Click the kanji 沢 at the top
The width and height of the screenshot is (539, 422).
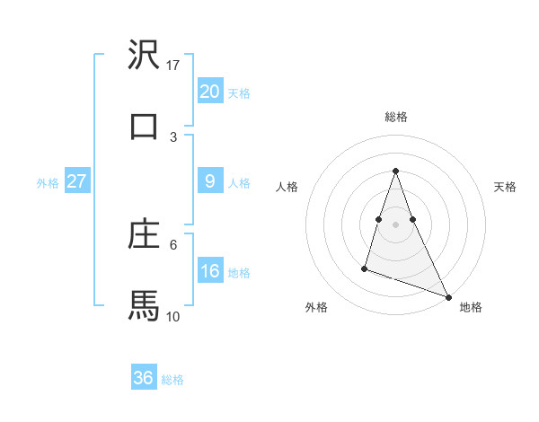click(144, 56)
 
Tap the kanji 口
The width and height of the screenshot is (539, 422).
click(144, 126)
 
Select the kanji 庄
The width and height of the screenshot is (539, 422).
click(144, 235)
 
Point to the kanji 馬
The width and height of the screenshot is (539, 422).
click(144, 305)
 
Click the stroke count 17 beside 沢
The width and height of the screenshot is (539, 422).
click(173, 65)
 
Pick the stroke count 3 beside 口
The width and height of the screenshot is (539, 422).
click(173, 136)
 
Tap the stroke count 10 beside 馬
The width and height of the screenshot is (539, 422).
click(173, 316)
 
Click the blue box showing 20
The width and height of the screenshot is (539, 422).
click(209, 91)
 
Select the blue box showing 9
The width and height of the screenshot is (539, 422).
click(209, 181)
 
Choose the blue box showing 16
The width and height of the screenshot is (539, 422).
click(209, 271)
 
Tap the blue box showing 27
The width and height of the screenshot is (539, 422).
click(76, 181)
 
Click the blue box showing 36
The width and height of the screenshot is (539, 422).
click(144, 378)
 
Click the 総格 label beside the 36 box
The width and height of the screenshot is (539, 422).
click(173, 380)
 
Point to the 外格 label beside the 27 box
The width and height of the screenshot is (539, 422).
click(48, 183)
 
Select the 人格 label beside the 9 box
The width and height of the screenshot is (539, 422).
click(239, 183)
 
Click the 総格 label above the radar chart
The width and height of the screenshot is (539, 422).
click(396, 117)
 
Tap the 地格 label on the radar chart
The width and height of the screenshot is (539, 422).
click(471, 307)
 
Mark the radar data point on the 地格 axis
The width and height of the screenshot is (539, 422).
click(447, 296)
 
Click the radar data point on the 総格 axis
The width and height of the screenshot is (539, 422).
click(395, 171)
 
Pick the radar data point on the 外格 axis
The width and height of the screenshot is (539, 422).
click(365, 268)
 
